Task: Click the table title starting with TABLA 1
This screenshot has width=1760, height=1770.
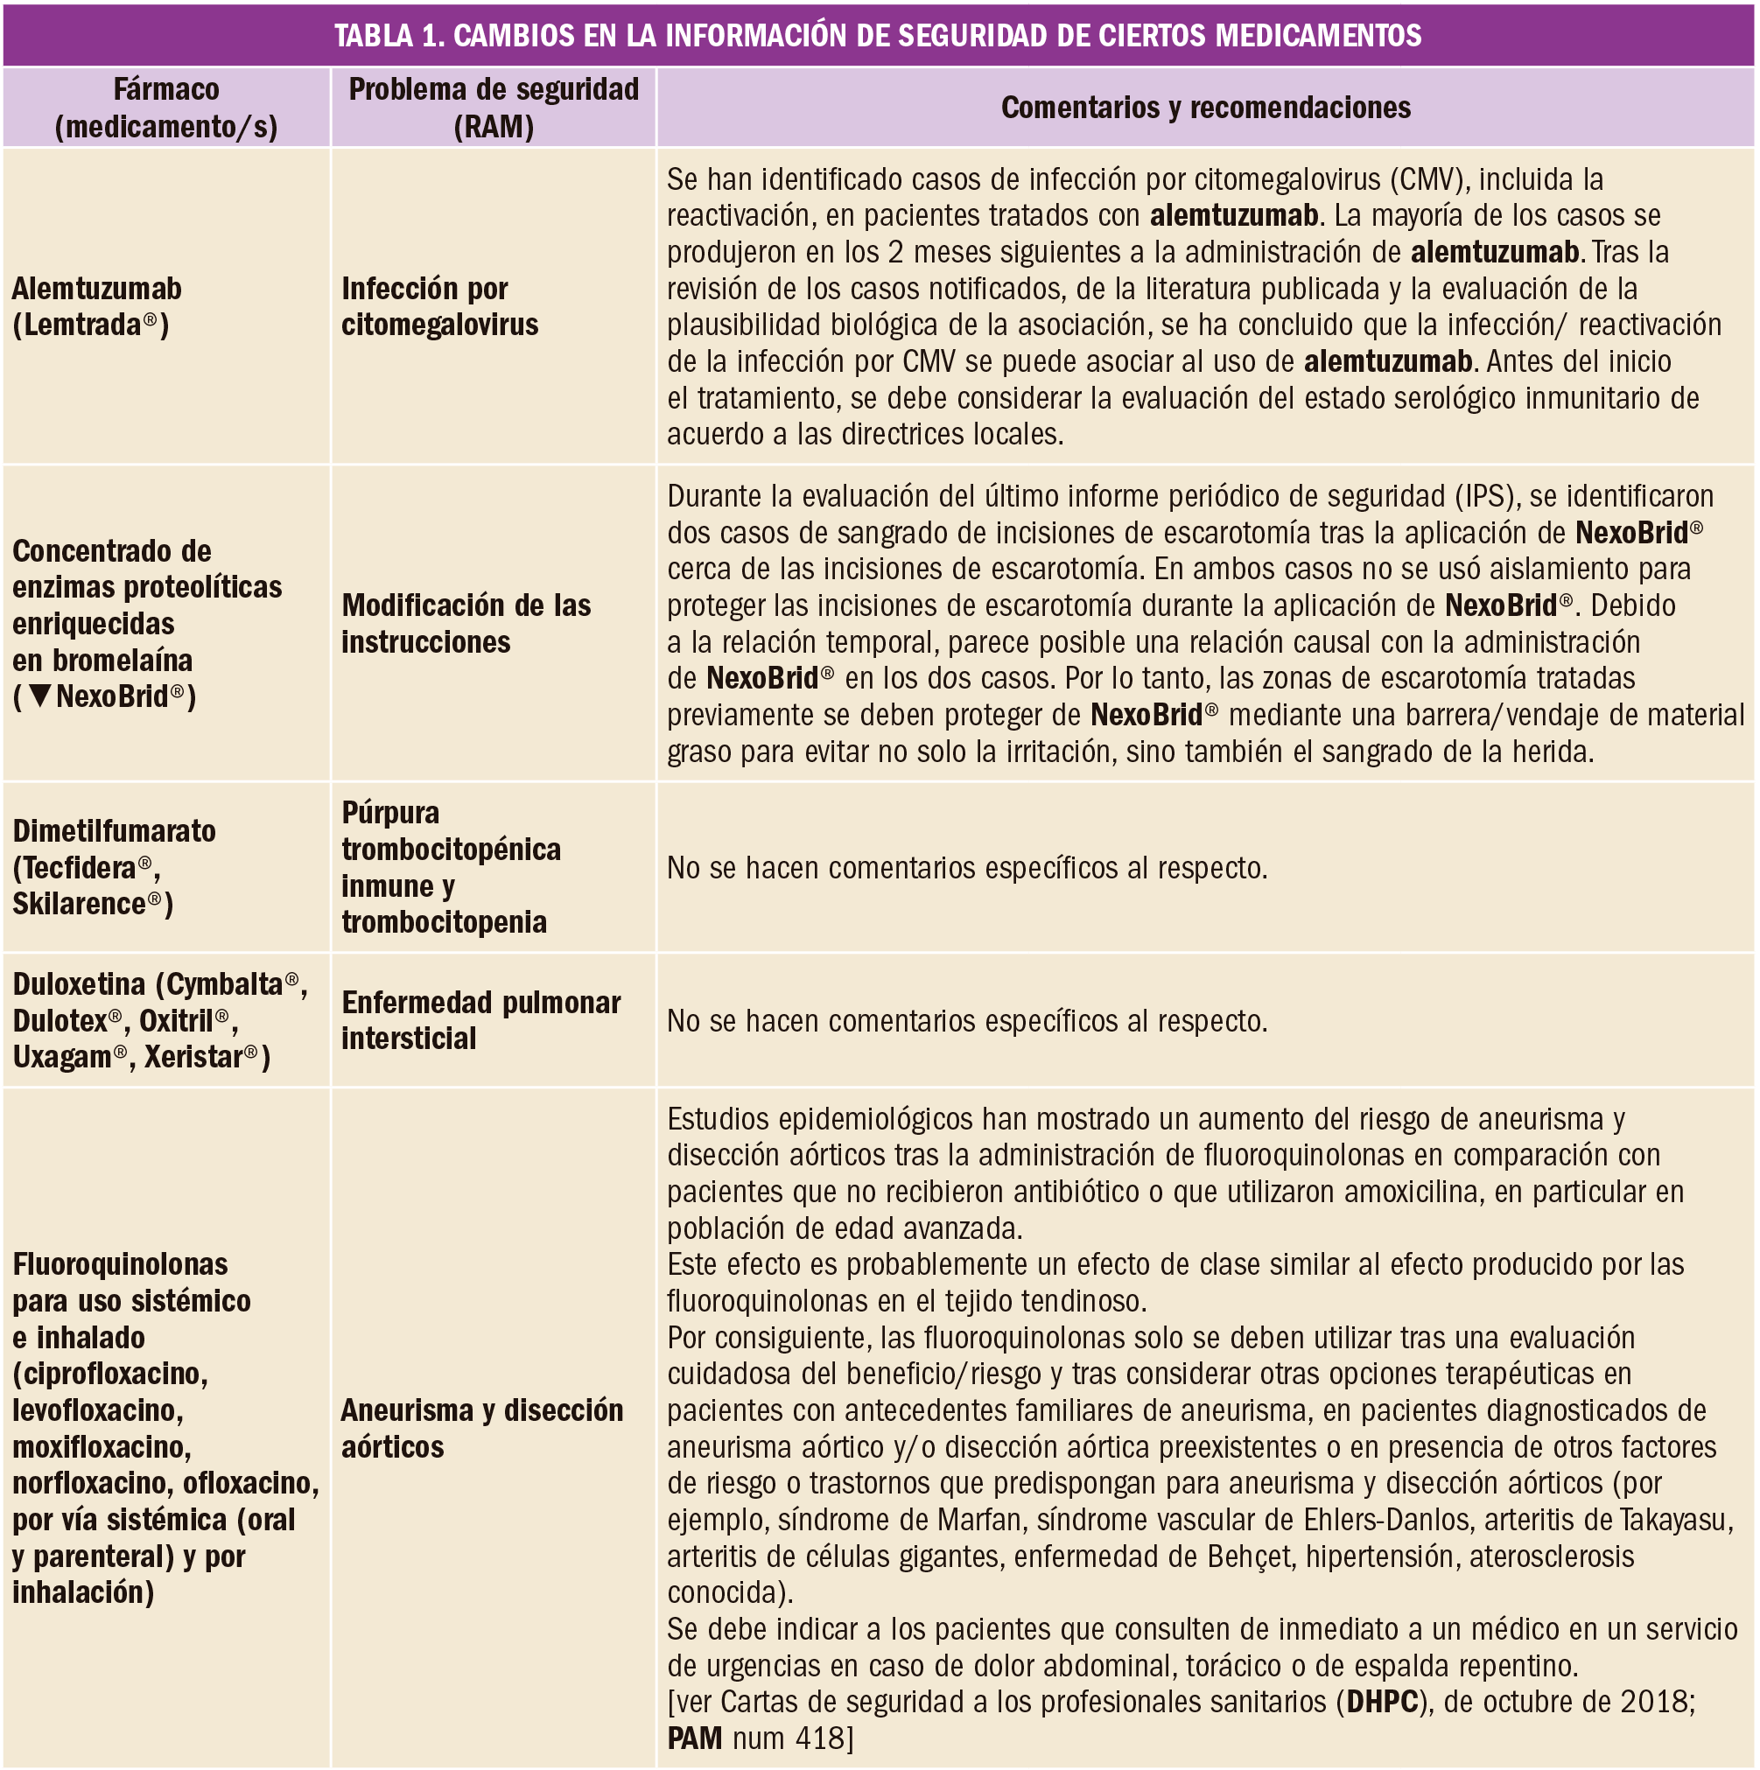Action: pos(878,35)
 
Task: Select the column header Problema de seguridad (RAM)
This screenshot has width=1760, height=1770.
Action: pos(493,108)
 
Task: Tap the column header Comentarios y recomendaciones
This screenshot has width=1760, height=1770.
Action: pos(1205,108)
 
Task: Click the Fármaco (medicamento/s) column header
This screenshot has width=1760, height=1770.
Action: pos(165,108)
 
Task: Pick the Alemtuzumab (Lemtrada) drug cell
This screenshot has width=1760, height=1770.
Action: pos(96,306)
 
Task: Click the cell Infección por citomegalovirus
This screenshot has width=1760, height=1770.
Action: pos(439,306)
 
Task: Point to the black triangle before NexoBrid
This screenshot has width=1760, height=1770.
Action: pos(39,696)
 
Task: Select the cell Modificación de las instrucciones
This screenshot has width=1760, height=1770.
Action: pos(466,623)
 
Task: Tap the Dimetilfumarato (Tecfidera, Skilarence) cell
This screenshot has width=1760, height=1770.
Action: pos(114,867)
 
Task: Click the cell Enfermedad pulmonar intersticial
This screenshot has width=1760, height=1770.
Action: pos(480,1019)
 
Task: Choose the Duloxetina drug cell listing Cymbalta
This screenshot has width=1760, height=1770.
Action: pos(159,1019)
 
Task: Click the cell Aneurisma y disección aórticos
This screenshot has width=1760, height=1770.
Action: pos(481,1427)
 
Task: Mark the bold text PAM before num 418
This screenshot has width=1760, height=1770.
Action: pos(695,1737)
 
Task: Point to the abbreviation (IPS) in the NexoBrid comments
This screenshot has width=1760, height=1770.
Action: pos(1487,495)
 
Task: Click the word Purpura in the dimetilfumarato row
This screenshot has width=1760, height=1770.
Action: pos(390,813)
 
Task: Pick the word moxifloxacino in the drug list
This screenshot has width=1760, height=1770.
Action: pos(101,1446)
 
